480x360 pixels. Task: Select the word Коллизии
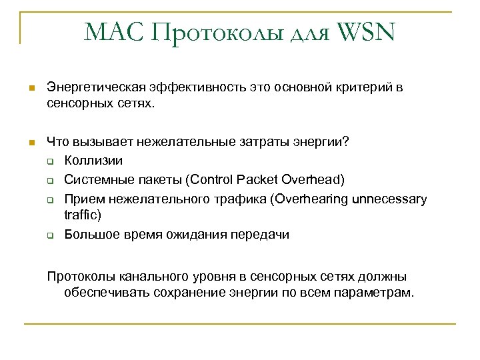(93, 161)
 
